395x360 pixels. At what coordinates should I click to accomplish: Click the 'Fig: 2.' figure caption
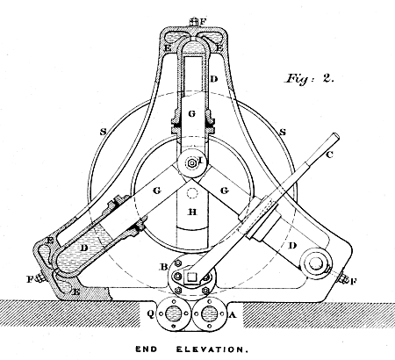pos(309,78)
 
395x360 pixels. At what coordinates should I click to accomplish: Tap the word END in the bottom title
pos(146,349)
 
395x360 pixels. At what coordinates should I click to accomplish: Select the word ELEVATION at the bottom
pos(212,349)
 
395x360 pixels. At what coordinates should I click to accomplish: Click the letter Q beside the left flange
pos(150,314)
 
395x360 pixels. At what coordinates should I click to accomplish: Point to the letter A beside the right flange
pos(232,314)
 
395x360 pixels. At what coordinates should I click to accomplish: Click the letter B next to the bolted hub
pos(163,267)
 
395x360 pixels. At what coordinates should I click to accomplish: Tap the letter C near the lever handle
pos(329,155)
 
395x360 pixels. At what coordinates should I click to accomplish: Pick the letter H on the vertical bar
pos(192,212)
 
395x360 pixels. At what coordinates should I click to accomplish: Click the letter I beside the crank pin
pos(201,160)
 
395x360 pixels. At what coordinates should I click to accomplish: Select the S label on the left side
pos(103,132)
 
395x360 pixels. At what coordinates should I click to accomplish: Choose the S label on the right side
pos(283,132)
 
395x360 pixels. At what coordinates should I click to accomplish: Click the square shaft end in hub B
pos(191,277)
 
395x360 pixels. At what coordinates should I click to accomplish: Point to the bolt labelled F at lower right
pos(343,279)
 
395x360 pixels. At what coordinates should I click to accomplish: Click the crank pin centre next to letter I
pos(192,163)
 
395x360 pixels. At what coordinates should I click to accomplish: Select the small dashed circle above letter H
pos(192,193)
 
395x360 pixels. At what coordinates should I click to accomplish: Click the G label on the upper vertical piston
pos(191,114)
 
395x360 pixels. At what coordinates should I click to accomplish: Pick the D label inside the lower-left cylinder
pos(84,248)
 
